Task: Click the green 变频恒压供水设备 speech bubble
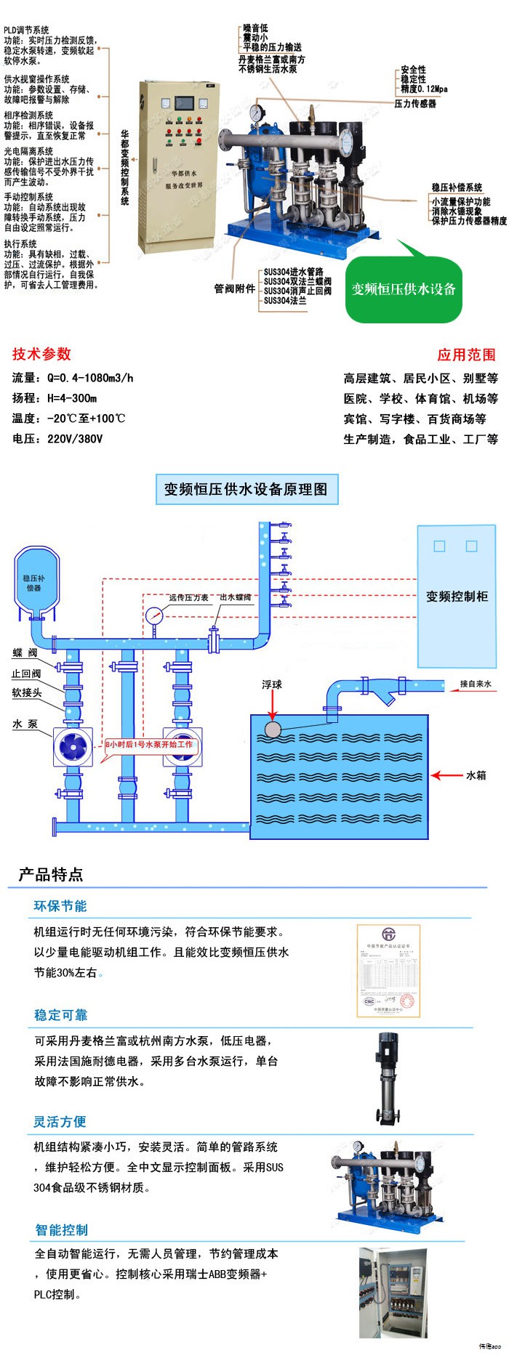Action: pos(404,290)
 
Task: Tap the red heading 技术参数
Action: pos(41,354)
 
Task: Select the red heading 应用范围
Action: pos(466,355)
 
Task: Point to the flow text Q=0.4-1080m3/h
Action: pos(90,378)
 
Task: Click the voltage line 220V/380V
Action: pos(75,439)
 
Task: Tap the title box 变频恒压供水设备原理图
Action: pos(246,489)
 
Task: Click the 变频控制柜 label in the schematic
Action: pos(457,597)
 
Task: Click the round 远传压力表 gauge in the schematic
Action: pos(154,615)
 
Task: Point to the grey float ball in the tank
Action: pos(273,729)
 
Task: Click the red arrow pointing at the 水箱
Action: pos(446,775)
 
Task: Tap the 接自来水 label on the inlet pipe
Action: pos(476,684)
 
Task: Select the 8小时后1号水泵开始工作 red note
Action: pos(149,745)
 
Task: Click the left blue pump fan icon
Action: pos(73,745)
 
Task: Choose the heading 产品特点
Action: pos(51,874)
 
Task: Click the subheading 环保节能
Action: pos(60,906)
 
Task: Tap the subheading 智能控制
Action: pos(62,1230)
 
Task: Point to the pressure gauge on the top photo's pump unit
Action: pos(256,114)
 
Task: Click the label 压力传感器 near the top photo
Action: pos(415,104)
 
